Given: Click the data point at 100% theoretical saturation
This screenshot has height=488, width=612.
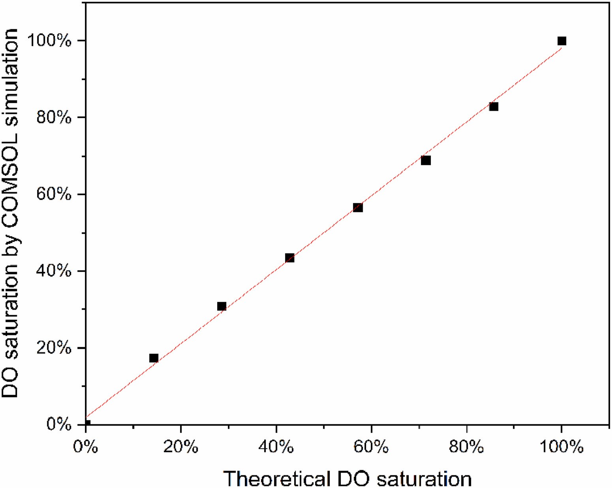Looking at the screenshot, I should click(x=561, y=41).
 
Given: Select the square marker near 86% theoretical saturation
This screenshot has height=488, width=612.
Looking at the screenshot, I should click(x=494, y=106).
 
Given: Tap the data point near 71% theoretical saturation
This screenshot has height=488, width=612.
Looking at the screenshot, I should click(x=426, y=160).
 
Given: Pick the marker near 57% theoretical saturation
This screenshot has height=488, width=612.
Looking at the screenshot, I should click(x=358, y=208).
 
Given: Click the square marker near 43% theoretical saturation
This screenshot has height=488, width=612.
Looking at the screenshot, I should click(x=289, y=258).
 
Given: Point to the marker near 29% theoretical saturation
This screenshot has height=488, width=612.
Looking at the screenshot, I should click(x=222, y=306).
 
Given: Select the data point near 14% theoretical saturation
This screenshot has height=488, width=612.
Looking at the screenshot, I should click(x=154, y=358).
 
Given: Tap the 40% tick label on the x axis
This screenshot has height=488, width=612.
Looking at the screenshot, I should click(x=276, y=447).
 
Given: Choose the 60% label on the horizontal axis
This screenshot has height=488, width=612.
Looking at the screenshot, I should click(x=371, y=447).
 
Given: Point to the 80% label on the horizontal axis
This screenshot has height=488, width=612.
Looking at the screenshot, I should click(x=466, y=447).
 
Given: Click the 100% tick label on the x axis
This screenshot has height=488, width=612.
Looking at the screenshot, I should click(x=561, y=447).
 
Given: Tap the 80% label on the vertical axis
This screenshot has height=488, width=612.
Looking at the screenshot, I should click(x=54, y=117).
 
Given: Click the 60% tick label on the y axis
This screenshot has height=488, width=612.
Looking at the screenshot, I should click(x=54, y=194).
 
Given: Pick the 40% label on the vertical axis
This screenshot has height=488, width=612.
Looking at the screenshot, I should click(x=54, y=271).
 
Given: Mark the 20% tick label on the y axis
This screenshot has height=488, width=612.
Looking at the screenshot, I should click(x=54, y=348).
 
